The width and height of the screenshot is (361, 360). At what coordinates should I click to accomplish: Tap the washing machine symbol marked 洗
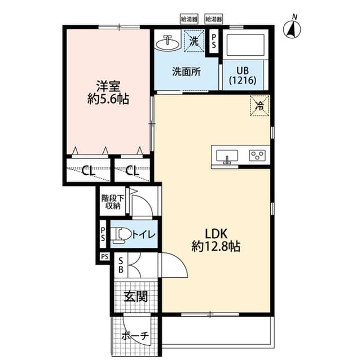(193, 41)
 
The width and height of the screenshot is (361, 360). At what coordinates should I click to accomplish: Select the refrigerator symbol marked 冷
(260, 104)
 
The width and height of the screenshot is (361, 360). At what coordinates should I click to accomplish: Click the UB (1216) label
(243, 75)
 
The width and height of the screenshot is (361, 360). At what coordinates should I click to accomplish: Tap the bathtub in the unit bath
(245, 45)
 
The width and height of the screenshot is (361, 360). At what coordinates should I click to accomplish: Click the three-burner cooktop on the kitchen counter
(258, 154)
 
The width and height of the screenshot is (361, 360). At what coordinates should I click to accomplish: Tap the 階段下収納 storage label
(111, 202)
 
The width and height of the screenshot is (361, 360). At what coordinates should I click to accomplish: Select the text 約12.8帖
(215, 247)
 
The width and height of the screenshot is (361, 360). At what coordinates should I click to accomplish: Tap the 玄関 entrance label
(135, 296)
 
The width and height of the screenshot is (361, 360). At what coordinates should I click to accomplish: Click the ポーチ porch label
(135, 336)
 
